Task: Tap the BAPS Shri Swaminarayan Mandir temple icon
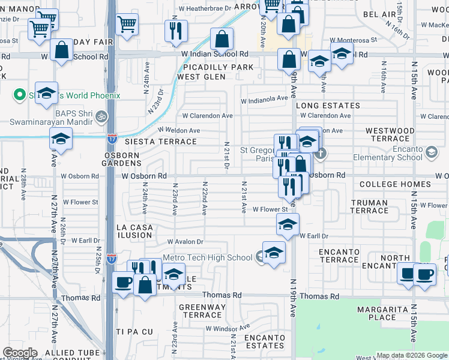[x=102, y=115]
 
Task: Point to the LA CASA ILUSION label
[x=134, y=232]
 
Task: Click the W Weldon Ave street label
[x=179, y=130]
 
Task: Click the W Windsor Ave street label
[x=228, y=328]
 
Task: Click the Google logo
[x=19, y=353]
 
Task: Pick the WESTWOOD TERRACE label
[x=390, y=134]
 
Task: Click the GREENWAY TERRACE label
[x=202, y=311]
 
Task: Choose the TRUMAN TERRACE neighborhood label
[x=370, y=206]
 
